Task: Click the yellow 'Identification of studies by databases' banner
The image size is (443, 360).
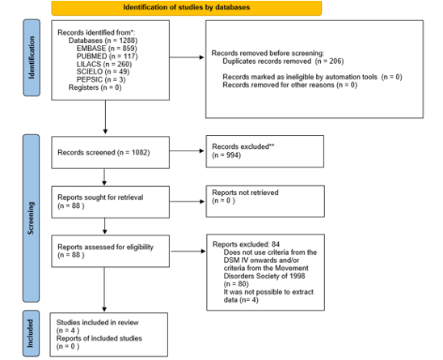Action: click(x=187, y=8)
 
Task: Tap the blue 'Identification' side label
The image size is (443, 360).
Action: click(x=32, y=57)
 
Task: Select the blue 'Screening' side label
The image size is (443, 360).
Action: click(x=31, y=218)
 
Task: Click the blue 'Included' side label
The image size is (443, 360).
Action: click(x=31, y=333)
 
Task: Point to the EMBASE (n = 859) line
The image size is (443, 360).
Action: click(x=107, y=49)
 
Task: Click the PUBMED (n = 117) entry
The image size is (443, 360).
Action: click(x=107, y=57)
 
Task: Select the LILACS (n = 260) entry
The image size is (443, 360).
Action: click(x=104, y=64)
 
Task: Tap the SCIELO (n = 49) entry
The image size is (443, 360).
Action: click(x=103, y=72)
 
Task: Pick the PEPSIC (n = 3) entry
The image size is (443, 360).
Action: click(x=101, y=79)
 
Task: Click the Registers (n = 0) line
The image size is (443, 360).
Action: click(x=95, y=87)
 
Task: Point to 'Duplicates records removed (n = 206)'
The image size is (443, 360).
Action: click(x=283, y=61)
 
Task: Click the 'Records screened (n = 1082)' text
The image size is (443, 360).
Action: click(x=103, y=152)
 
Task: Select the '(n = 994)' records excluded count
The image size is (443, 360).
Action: click(x=226, y=155)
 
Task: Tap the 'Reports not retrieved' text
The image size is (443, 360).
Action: click(x=245, y=193)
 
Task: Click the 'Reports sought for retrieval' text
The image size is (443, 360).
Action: click(x=100, y=197)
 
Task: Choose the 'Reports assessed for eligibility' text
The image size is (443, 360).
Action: click(x=105, y=247)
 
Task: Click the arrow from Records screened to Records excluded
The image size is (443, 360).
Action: click(x=187, y=150)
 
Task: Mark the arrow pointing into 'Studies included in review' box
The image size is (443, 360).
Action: click(x=104, y=290)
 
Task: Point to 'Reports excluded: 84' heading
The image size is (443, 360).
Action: click(x=246, y=244)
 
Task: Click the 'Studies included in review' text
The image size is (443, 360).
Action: click(x=98, y=323)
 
